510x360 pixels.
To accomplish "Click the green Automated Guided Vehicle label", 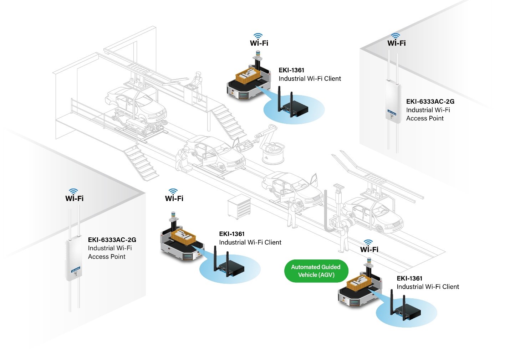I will [x=316, y=271].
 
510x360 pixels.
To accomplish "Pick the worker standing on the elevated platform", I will [x=197, y=86].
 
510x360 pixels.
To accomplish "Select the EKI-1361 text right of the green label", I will [x=409, y=278].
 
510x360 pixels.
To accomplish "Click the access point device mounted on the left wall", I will [x=74, y=259].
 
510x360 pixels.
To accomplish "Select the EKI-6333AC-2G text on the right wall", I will [x=430, y=102].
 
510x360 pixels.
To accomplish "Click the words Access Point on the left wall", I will [x=107, y=257].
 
